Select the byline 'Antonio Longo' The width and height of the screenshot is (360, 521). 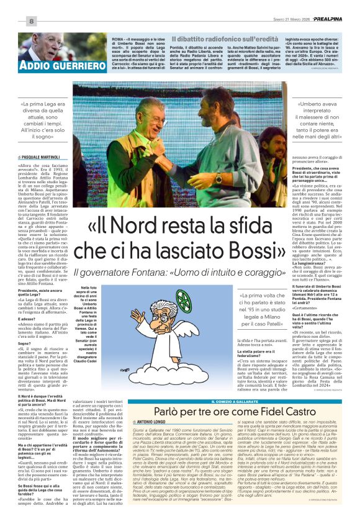pyautogui.click(x=151, y=422)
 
